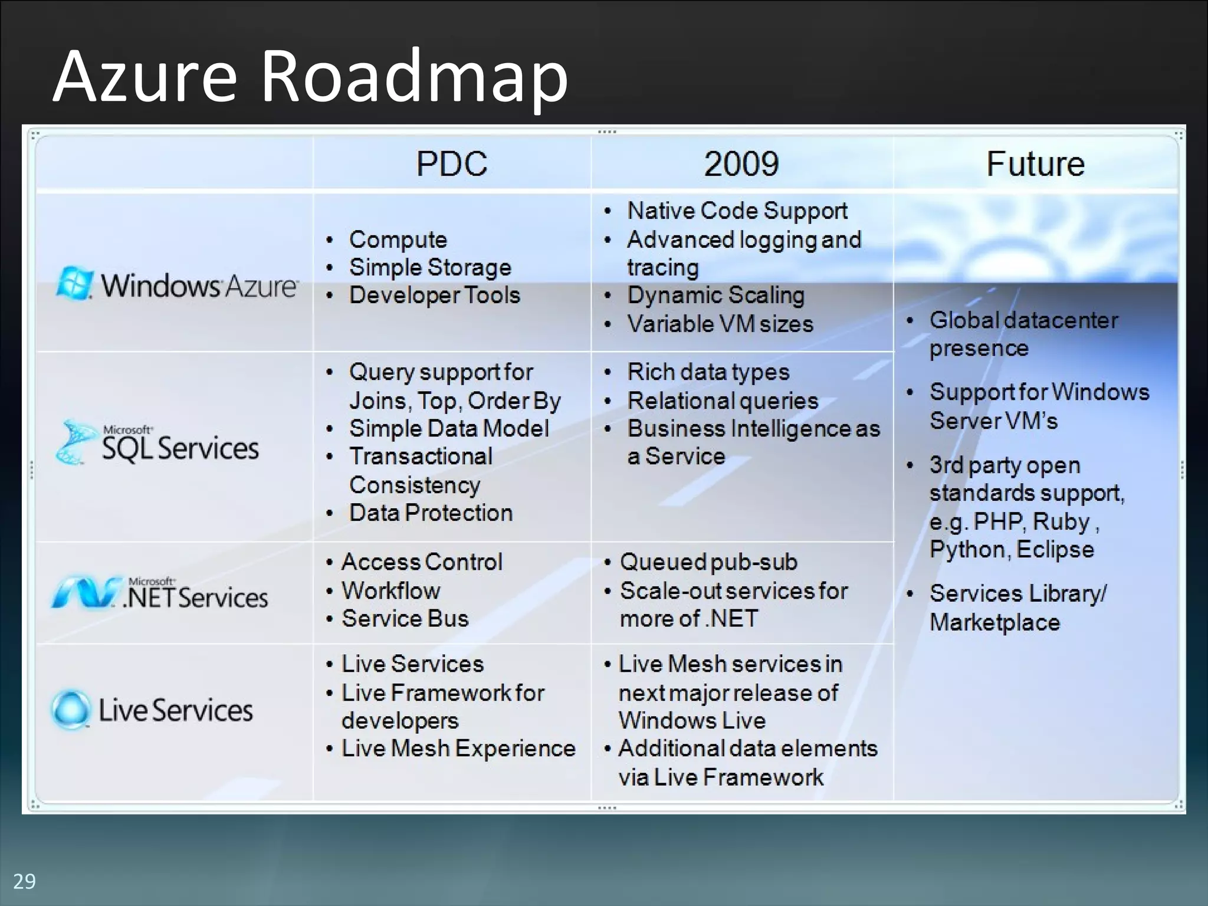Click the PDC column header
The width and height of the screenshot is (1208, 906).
pyautogui.click(x=452, y=163)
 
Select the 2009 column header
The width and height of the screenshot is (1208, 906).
pyautogui.click(x=741, y=163)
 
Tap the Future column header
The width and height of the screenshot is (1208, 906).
pyautogui.click(x=1035, y=163)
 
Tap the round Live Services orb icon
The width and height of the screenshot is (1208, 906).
pyautogui.click(x=71, y=710)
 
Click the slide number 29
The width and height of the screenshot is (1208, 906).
pyautogui.click(x=24, y=881)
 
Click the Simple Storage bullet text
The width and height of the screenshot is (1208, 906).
pyautogui.click(x=430, y=268)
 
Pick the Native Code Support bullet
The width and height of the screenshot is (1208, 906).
pyautogui.click(x=737, y=211)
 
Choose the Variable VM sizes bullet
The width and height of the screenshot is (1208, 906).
pyautogui.click(x=720, y=324)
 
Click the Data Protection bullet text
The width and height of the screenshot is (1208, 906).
pyautogui.click(x=431, y=513)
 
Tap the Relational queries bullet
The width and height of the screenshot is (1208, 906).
pyautogui.click(x=723, y=401)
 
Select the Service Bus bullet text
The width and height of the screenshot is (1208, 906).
pyautogui.click(x=405, y=619)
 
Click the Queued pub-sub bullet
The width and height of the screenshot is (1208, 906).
pyautogui.click(x=708, y=562)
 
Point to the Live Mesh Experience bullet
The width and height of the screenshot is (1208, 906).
pyautogui.click(x=458, y=749)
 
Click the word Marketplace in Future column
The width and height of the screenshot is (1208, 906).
pyautogui.click(x=994, y=623)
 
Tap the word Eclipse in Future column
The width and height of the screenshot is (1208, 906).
pyautogui.click(x=1055, y=550)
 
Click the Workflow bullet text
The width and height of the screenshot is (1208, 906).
pyautogui.click(x=391, y=590)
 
